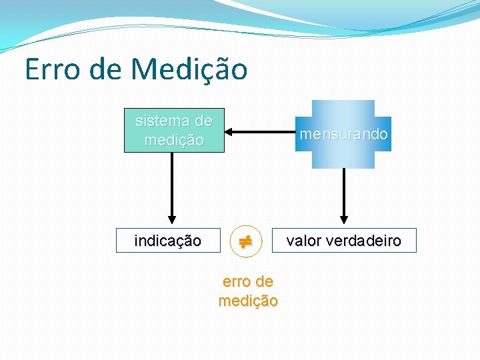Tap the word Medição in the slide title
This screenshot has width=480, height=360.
(189, 69)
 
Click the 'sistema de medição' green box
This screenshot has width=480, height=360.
(174, 131)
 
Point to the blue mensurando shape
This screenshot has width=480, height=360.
(343, 135)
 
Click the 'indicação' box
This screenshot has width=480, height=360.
(167, 241)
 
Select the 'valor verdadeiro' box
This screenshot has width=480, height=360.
(344, 241)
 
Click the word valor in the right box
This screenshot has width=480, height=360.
(304, 241)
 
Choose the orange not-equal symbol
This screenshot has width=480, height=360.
(246, 241)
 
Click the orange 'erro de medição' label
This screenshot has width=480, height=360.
(248, 291)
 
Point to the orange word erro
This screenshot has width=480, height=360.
(235, 282)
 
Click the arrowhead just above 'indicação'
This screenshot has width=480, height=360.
(172, 218)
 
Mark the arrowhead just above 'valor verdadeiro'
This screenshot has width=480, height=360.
(344, 218)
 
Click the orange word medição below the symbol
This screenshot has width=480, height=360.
(248, 301)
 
